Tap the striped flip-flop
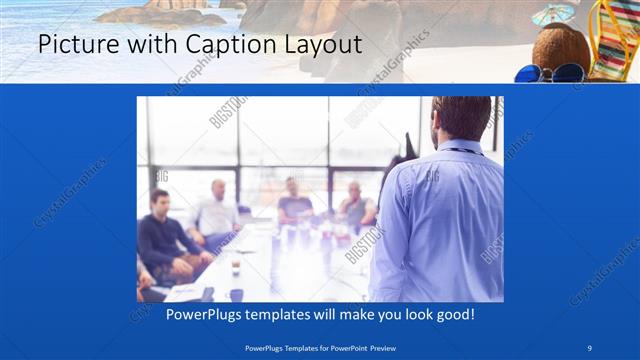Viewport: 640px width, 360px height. pos(611,40)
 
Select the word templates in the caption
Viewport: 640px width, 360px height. pos(269,314)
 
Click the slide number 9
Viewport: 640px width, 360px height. pos(590,347)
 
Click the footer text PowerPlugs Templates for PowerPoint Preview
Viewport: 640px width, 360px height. pos(319,347)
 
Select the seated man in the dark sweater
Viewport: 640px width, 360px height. pos(161,235)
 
